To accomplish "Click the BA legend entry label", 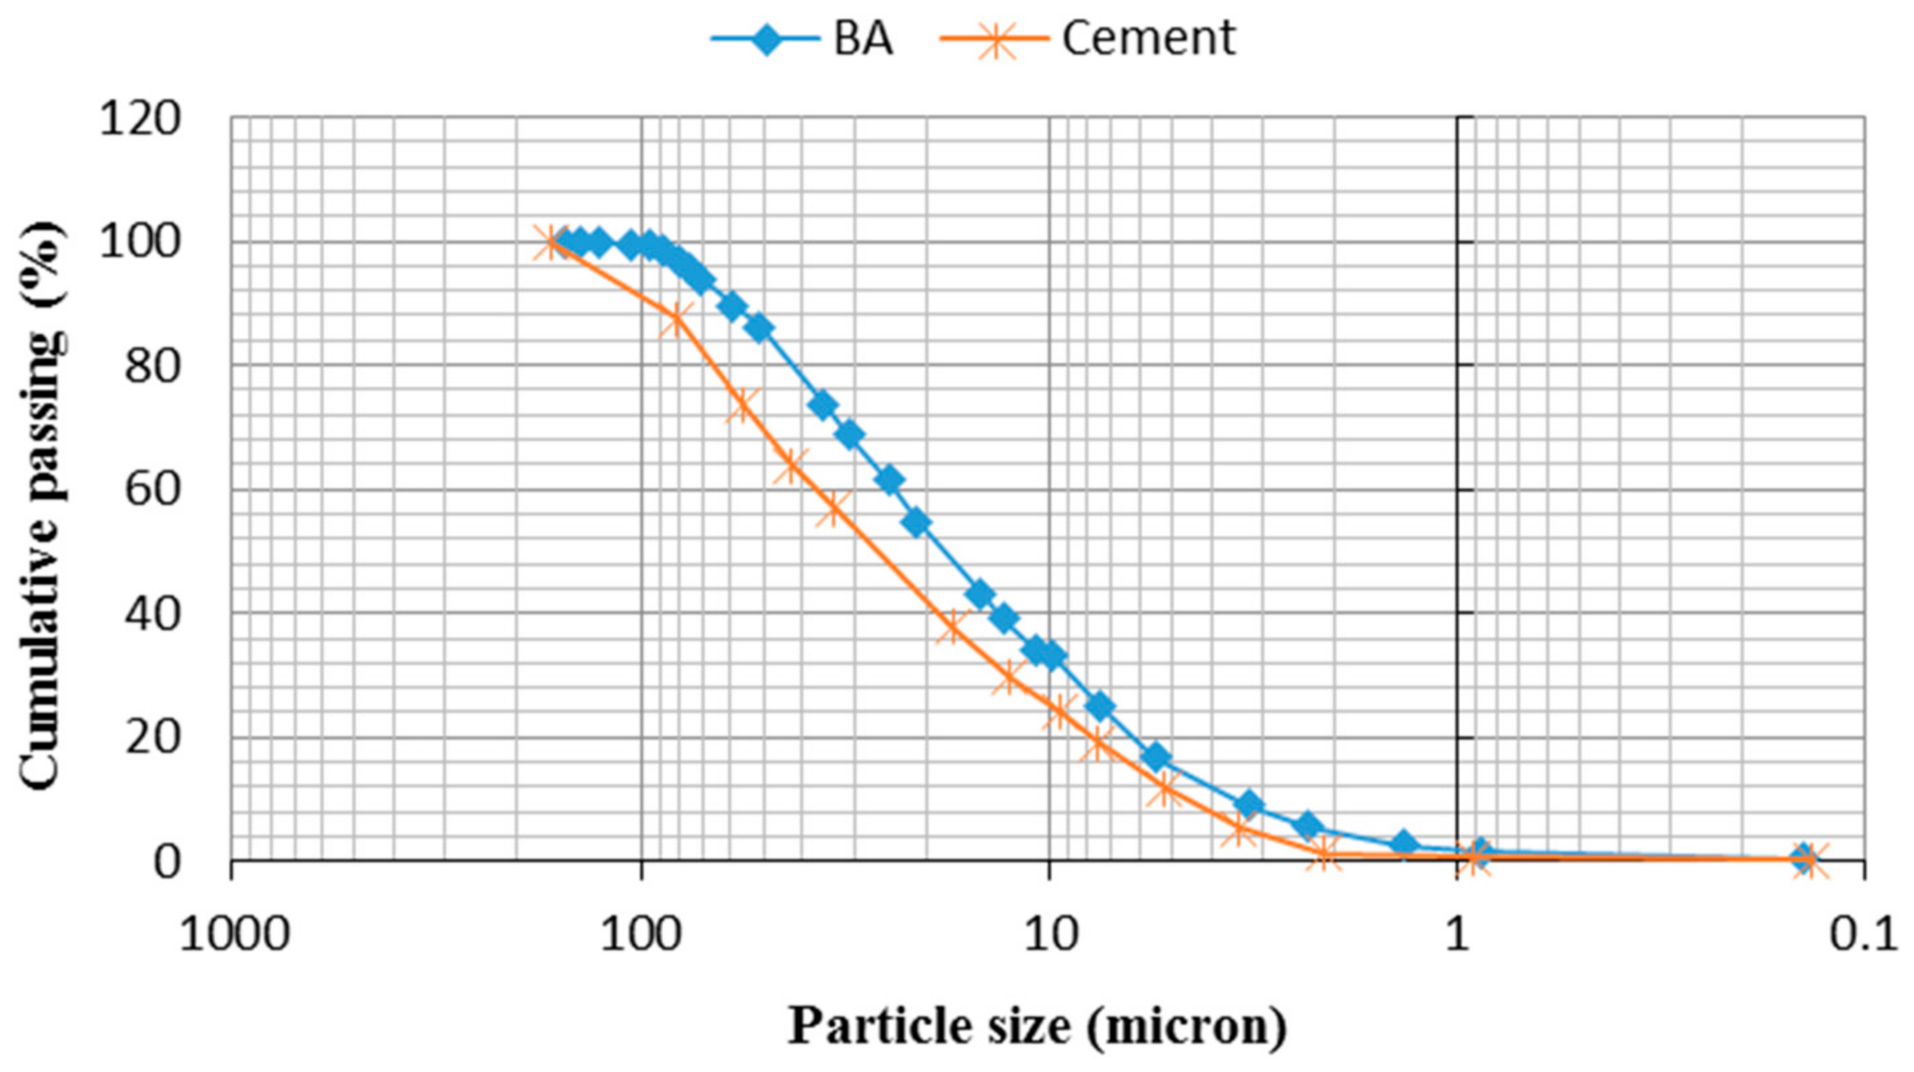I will [862, 39].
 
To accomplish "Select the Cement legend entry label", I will [1148, 39].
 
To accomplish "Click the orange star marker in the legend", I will [996, 39].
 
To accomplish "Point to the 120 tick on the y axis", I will [140, 118].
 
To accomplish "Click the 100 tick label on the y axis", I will [140, 243].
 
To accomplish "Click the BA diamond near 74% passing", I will [822, 405].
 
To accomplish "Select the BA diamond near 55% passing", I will [918, 523].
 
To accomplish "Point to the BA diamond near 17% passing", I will [1156, 757].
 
